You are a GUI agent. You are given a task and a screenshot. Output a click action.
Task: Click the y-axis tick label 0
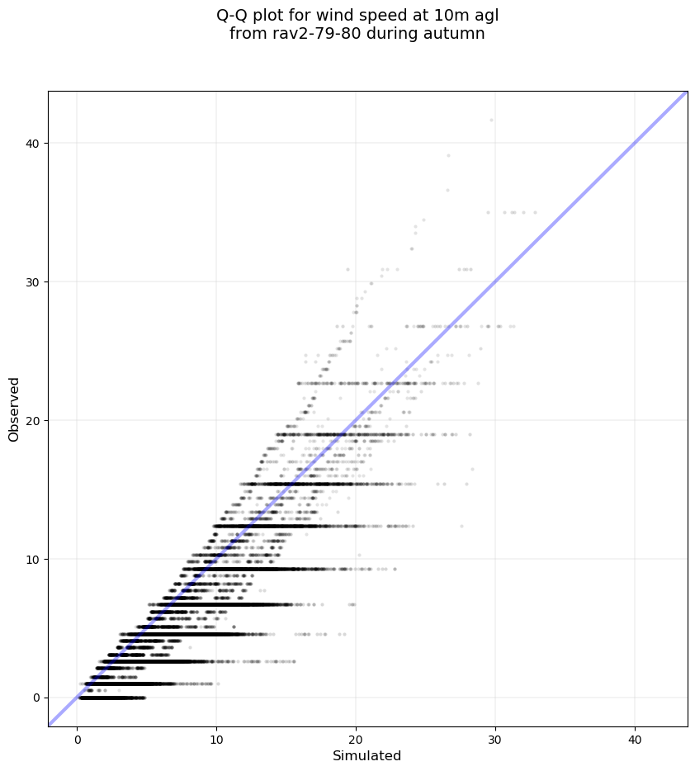pos(36,698)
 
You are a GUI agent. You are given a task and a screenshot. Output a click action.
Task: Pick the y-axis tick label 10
pos(33,559)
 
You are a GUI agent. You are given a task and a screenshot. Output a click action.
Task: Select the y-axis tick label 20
pos(33,420)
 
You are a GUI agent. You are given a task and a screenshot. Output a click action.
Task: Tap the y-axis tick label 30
pos(33,281)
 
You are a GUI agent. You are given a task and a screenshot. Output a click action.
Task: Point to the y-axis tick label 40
pos(33,143)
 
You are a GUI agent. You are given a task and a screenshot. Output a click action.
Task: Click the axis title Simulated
pos(366,756)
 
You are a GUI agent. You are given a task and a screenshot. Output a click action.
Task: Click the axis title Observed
pos(14,409)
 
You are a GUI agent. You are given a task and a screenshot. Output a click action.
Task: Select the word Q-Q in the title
pos(232,15)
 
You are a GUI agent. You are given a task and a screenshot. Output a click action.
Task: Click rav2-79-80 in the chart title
pos(304,34)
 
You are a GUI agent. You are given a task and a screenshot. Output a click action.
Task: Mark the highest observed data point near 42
pos(491,120)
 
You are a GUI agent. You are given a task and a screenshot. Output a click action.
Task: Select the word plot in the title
pos(268,15)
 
